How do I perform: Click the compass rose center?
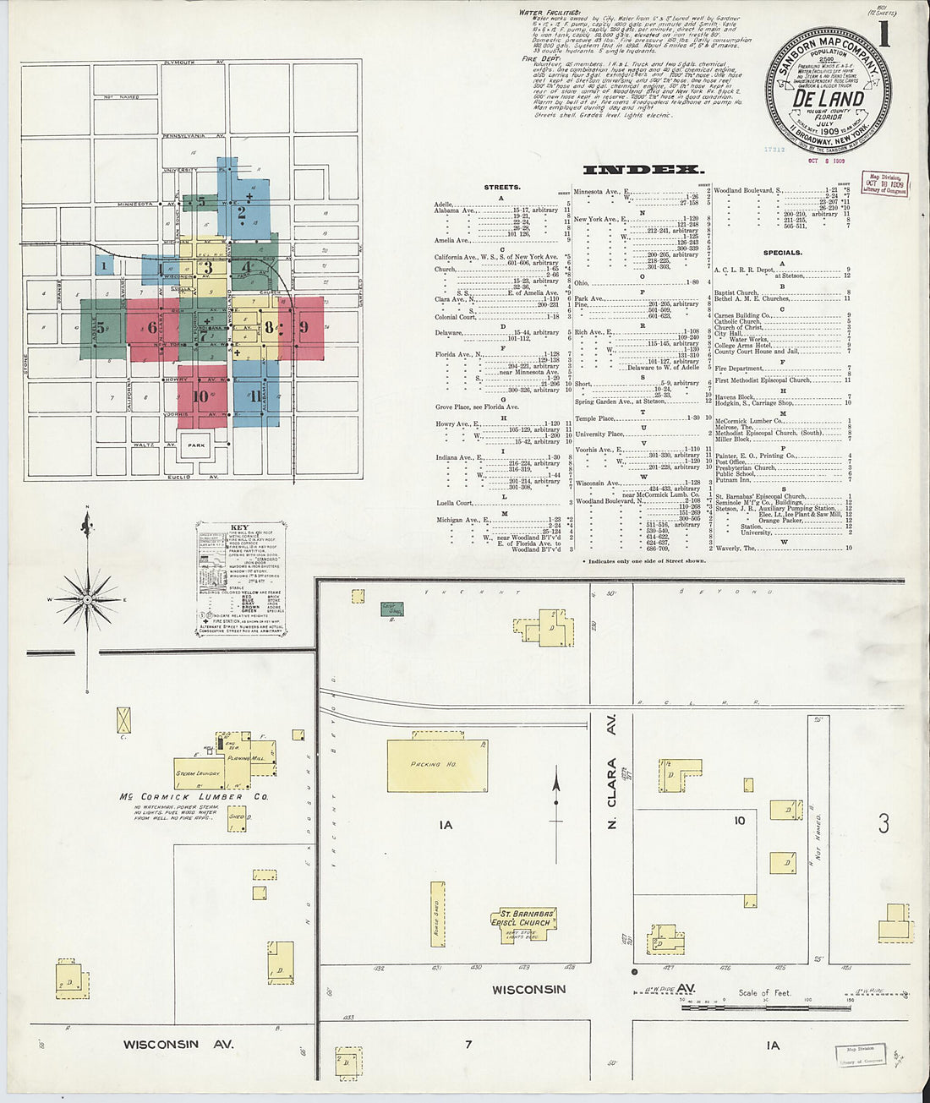pyautogui.click(x=87, y=600)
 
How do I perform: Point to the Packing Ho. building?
pyautogui.click(x=437, y=765)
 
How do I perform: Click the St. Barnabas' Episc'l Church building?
pyautogui.click(x=524, y=919)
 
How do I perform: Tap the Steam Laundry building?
pyautogui.click(x=199, y=772)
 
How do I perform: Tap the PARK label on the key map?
pyautogui.click(x=197, y=445)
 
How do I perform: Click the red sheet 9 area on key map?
pyautogui.click(x=303, y=327)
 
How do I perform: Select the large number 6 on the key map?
pyautogui.click(x=152, y=328)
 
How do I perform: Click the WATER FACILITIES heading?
pyautogui.click(x=550, y=13)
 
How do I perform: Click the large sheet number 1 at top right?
pyautogui.click(x=883, y=35)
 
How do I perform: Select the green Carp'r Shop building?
pyautogui.click(x=391, y=609)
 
